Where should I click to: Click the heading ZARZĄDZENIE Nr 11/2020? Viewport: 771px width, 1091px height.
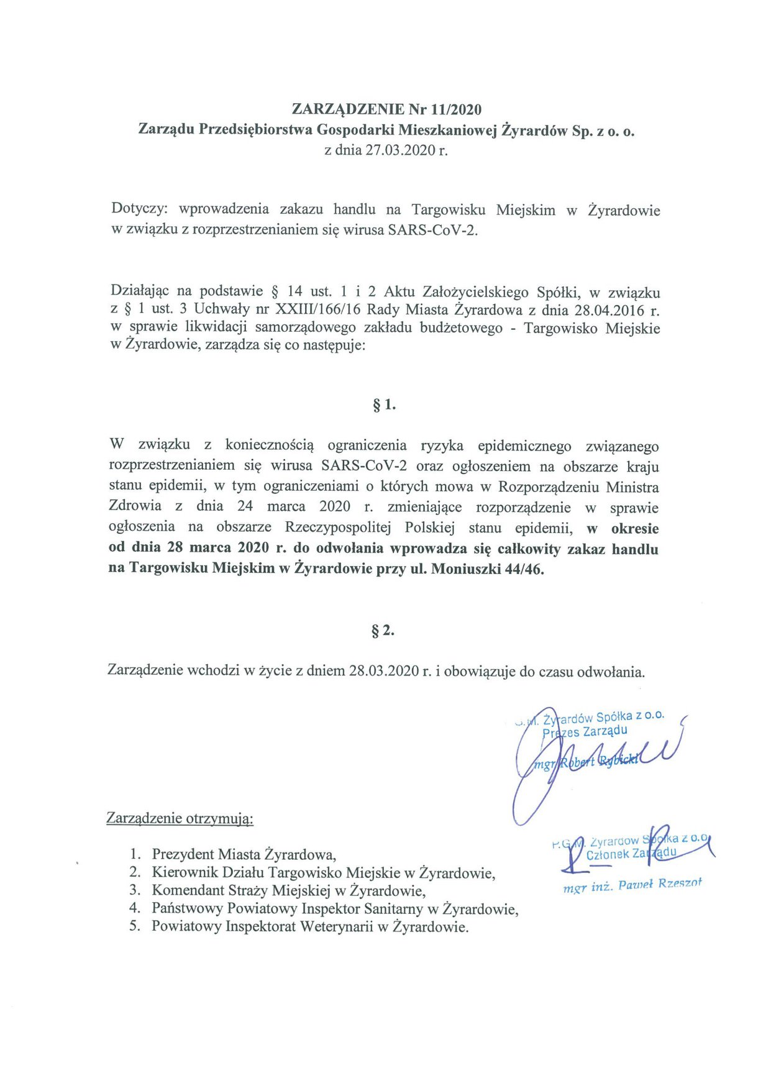point(386,109)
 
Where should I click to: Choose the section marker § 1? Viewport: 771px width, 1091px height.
point(384,405)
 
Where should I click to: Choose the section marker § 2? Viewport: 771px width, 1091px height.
point(383,631)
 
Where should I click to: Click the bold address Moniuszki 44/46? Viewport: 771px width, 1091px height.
point(487,569)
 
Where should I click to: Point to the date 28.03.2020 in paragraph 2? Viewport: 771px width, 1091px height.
point(384,671)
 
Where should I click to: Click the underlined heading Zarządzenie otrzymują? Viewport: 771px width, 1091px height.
point(180,818)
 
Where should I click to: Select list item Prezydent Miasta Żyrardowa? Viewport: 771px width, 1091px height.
point(244,854)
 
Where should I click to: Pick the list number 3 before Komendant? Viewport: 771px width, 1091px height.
point(135,890)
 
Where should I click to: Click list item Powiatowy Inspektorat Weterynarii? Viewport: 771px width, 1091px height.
point(309,927)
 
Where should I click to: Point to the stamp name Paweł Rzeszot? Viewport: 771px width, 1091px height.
point(659,884)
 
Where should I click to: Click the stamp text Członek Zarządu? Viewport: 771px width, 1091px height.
point(630,854)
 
